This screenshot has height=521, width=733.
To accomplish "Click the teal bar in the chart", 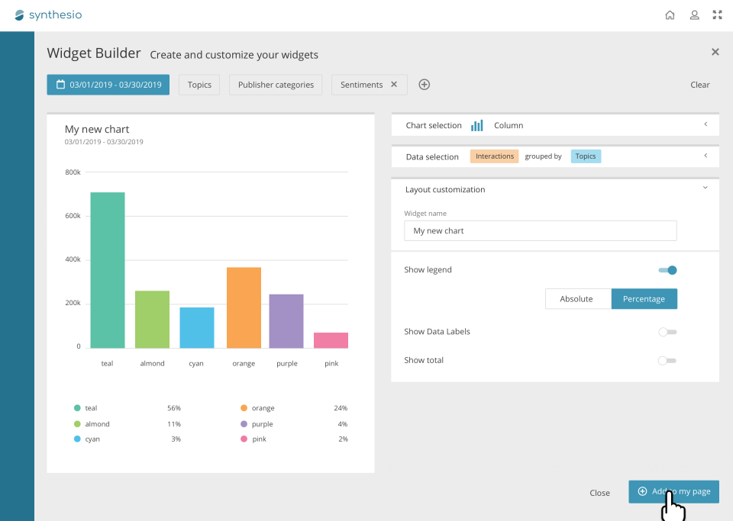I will point(108,270).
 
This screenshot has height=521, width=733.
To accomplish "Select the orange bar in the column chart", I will point(244,307).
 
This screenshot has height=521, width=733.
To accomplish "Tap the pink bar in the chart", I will point(331,340).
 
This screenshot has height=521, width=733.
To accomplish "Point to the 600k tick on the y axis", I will point(73,216).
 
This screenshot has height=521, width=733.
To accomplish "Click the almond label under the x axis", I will point(152,364).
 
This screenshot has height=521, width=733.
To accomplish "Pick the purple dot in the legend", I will point(244,424).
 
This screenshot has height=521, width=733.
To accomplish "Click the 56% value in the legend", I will point(174,408).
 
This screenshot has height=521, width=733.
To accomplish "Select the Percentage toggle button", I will point(644,299).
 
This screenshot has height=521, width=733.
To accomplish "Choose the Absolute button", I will point(576,299).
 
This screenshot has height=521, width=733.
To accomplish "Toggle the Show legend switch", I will point(667,270).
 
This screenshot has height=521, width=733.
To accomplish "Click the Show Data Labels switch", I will point(667,332).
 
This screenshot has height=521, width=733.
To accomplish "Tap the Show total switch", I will point(667,360).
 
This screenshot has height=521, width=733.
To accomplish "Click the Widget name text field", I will point(540,231).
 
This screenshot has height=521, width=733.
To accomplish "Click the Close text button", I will point(599,493).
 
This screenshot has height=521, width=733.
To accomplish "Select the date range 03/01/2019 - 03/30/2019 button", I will point(108,85).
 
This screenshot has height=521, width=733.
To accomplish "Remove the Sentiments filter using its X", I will point(394,85).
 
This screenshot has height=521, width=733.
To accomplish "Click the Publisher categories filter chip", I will point(276,85).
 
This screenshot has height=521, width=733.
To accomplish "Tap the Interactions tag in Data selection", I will point(494,156).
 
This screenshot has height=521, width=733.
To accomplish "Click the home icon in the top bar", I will point(670,14).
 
